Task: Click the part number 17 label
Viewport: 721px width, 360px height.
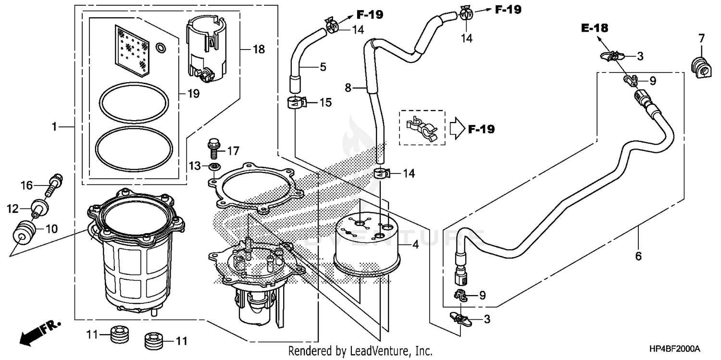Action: (233, 151)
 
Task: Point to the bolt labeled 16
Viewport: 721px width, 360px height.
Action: (54, 185)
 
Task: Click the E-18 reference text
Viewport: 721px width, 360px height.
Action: (594, 28)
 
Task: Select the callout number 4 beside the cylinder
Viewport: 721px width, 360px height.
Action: (415, 245)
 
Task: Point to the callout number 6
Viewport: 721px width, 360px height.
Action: (638, 256)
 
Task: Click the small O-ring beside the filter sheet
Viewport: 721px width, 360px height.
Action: (162, 47)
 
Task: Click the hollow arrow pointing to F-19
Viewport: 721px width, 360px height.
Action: (457, 129)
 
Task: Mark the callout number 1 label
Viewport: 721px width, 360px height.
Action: (55, 113)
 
